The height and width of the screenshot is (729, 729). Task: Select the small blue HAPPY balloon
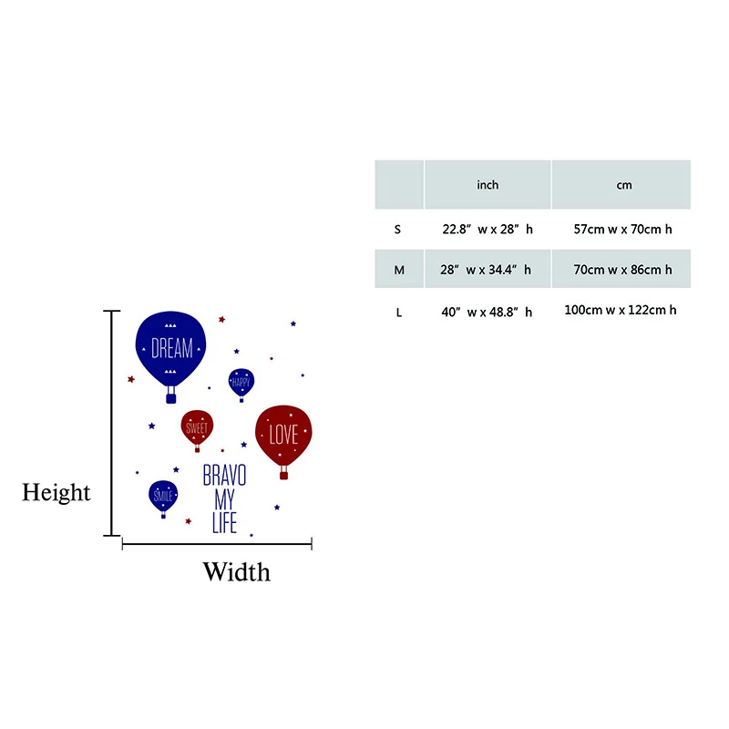[241, 382]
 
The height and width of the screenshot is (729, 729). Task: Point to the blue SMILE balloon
[163, 495]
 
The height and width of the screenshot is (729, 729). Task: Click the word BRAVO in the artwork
[224, 476]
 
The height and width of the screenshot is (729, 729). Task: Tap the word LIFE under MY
[224, 524]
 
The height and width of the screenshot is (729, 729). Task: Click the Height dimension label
[56, 493]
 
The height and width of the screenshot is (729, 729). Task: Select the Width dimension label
[236, 572]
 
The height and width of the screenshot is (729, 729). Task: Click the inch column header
[488, 185]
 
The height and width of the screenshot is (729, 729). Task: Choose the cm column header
[623, 185]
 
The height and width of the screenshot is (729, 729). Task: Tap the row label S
[397, 230]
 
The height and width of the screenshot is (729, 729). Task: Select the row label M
[398, 270]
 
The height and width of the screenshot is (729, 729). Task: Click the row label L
[398, 313]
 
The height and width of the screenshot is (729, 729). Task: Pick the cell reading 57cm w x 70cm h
[623, 230]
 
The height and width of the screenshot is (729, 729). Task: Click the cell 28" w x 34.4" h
[487, 270]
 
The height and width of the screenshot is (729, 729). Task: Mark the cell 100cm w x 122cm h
[621, 311]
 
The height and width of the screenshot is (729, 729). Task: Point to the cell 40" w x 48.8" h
[487, 313]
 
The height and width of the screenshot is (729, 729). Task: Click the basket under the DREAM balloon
[171, 397]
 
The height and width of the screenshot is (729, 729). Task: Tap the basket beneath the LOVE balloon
[283, 474]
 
